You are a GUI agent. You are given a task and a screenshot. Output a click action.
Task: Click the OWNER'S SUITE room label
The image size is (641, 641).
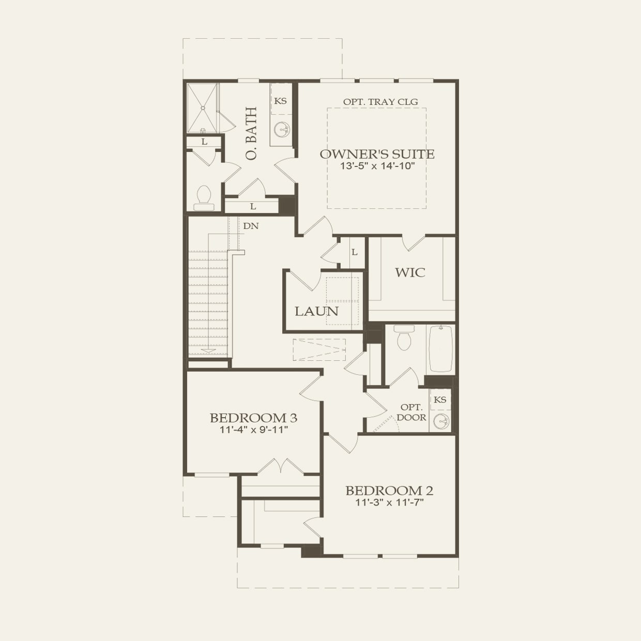377,154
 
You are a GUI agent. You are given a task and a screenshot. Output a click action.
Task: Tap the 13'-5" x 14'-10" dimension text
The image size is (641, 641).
377,166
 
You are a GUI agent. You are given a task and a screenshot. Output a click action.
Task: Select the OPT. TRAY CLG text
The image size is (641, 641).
380,102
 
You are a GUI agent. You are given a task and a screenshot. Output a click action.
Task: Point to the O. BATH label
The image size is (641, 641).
251,133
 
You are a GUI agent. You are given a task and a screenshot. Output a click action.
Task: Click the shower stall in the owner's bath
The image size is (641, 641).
202,108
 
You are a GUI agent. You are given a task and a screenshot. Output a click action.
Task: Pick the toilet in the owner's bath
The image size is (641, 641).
204,197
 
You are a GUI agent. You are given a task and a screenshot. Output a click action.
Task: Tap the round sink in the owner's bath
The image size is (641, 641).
282,129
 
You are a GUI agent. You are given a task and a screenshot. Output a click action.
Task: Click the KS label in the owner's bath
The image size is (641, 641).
280,101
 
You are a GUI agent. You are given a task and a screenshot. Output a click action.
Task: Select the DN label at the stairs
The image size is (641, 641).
251,226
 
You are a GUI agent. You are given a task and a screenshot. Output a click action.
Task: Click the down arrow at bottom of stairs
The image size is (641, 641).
208,350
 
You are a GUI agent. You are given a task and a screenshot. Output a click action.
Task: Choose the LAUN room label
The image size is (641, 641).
316,311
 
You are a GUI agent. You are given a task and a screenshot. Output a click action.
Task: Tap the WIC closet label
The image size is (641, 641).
410,272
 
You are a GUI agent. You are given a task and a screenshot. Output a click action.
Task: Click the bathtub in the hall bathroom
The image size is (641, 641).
441,348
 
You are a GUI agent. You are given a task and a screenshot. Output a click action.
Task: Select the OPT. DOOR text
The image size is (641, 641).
411,413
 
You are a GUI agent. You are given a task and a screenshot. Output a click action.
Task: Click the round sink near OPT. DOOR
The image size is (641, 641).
441,421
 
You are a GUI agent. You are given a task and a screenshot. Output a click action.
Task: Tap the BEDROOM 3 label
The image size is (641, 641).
253,418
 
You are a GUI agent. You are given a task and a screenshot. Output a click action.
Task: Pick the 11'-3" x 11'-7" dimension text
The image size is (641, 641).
389,502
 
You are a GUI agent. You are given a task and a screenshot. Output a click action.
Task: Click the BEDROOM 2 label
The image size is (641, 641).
389,490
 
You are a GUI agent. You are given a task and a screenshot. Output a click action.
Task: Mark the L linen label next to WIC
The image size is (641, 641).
354,252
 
